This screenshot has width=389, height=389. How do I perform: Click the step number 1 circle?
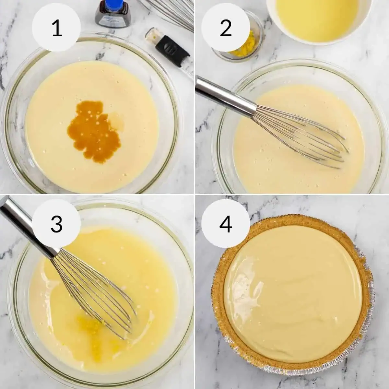(x=57, y=28)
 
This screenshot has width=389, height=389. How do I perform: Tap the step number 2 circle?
(x=226, y=28)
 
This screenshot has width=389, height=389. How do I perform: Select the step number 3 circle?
(x=57, y=224)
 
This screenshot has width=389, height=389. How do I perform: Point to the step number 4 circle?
(x=226, y=224)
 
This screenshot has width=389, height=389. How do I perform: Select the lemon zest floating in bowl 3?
(x=88, y=327)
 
